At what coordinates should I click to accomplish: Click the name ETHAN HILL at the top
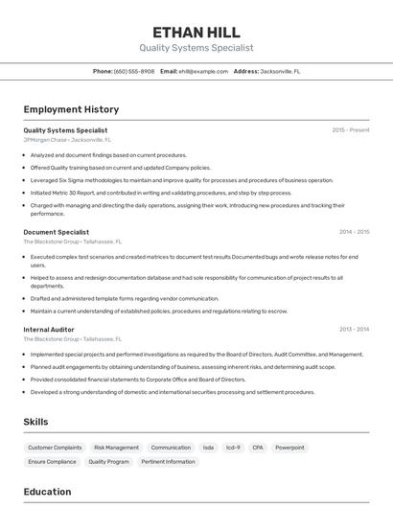pyautogui.click(x=196, y=33)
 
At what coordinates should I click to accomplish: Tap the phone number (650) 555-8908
pyautogui.click(x=133, y=71)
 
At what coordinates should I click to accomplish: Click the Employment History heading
pyautogui.click(x=71, y=109)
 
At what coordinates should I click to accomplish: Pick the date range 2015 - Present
pyautogui.click(x=350, y=129)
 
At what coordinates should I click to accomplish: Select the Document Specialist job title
pyautogui.click(x=56, y=232)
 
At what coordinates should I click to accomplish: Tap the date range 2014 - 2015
pyautogui.click(x=354, y=232)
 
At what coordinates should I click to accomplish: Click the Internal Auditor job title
pyautogui.click(x=50, y=329)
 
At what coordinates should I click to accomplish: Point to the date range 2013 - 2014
pyautogui.click(x=354, y=329)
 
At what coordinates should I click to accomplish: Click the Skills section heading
pyautogui.click(x=35, y=422)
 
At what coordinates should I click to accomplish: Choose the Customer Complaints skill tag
pyautogui.click(x=55, y=448)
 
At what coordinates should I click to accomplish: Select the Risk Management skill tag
pyautogui.click(x=116, y=448)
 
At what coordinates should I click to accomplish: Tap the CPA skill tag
pyautogui.click(x=257, y=448)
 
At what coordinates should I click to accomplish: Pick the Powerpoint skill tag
pyautogui.click(x=289, y=448)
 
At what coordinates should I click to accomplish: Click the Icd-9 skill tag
pyautogui.click(x=232, y=448)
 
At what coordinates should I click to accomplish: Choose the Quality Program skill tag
pyautogui.click(x=108, y=462)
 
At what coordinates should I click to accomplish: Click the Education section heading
pyautogui.click(x=47, y=492)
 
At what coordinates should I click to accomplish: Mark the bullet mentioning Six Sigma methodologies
pyautogui.click(x=181, y=180)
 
